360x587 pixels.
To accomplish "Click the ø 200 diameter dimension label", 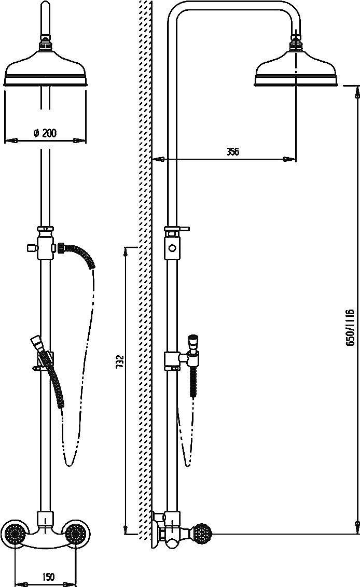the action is tap(45, 133).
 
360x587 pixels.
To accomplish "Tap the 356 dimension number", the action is tap(232, 151).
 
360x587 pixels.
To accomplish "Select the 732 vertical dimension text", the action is tap(119, 362).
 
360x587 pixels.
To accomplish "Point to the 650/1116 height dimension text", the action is tap(350, 327).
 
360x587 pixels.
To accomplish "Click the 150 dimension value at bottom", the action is tap(48, 577).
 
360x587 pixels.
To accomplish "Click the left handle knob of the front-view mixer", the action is tap(14, 533).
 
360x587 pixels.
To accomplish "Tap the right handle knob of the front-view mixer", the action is tap(76, 533).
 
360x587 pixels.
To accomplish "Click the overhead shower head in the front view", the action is tap(45, 67).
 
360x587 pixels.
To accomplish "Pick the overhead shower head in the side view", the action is tap(296, 68).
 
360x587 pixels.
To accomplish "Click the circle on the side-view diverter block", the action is tap(172, 248).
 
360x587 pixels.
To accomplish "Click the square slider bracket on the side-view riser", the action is tap(171, 360).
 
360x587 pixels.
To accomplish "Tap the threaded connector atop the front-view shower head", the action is tap(45, 44).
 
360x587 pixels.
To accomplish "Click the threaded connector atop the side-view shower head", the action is tap(296, 44).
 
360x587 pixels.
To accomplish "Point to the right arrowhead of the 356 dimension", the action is tap(289, 159).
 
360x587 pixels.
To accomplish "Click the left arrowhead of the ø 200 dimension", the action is tap(11, 141).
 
